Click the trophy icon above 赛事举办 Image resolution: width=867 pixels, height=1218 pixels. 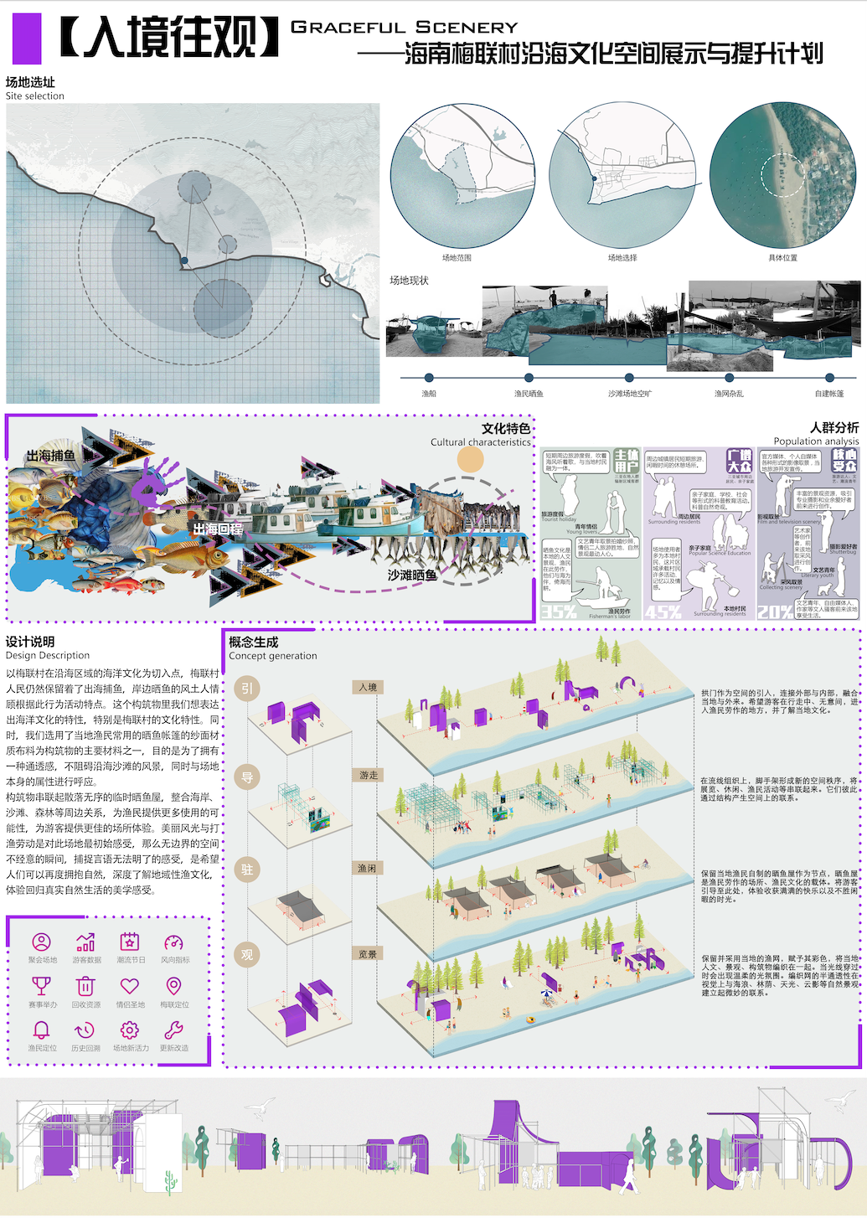(41, 986)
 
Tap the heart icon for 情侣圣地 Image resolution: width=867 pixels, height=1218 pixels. (130, 986)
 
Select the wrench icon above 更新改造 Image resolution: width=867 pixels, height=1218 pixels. (173, 1030)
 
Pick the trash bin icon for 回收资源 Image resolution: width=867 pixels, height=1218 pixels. (85, 986)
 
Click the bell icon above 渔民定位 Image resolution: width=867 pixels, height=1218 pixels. (41, 1030)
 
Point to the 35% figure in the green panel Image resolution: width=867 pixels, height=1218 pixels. (559, 612)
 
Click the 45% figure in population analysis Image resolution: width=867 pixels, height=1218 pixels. (663, 612)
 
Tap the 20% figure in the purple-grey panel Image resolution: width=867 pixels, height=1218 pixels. (775, 612)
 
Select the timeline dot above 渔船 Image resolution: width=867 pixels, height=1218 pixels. (429, 378)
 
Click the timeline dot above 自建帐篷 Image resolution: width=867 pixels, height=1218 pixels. (829, 378)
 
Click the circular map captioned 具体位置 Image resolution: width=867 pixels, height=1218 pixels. (782, 175)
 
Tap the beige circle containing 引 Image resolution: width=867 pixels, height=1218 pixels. (247, 689)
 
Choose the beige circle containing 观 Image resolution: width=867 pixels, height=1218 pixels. (247, 955)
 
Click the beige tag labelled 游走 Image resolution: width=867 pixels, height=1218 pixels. (368, 776)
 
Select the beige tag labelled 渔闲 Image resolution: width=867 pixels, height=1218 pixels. (368, 869)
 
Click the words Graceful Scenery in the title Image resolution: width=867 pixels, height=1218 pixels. (404, 28)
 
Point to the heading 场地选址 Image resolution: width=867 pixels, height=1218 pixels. (30, 82)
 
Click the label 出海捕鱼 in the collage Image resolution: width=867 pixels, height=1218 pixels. (50, 456)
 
